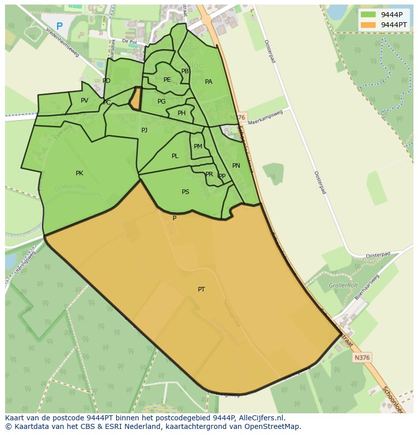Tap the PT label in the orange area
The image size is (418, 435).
201,289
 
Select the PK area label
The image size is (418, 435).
79,173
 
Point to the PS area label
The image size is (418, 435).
185,192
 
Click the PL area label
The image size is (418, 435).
175,156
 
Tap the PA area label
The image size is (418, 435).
208,82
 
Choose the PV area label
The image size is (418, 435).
84,101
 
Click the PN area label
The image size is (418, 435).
236,166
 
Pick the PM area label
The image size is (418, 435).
198,147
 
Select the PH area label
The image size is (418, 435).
181,113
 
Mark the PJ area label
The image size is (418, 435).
144,130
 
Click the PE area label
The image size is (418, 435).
167,80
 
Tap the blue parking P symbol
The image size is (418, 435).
60,26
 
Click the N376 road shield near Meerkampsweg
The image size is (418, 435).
240,117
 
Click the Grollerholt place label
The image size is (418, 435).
343,285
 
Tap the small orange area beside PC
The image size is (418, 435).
135,99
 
